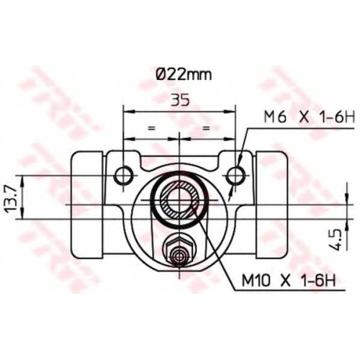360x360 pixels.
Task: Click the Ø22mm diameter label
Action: tap(184, 75)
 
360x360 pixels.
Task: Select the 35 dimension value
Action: tap(180, 100)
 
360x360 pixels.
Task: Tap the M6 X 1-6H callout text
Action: tap(309, 117)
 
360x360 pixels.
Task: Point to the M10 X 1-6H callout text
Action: tap(289, 279)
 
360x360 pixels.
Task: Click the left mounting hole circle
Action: tap(123, 176)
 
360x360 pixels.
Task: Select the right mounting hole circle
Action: tap(236, 176)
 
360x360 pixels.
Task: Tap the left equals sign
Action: tap(150, 128)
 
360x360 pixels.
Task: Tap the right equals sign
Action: tap(206, 128)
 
